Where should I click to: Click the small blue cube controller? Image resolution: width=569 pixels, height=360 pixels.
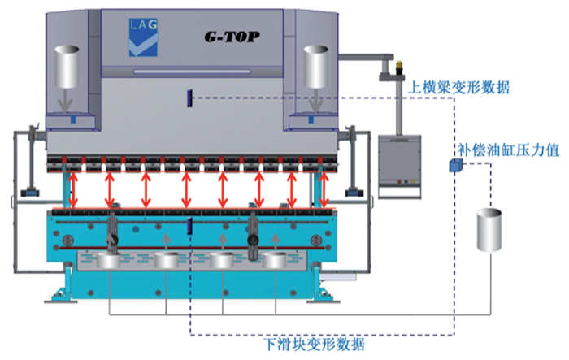pyautogui.click(x=455, y=166)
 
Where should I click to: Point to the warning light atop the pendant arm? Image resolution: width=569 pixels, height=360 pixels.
pyautogui.click(x=400, y=67)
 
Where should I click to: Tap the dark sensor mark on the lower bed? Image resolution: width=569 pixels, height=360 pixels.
pyautogui.click(x=189, y=225)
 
